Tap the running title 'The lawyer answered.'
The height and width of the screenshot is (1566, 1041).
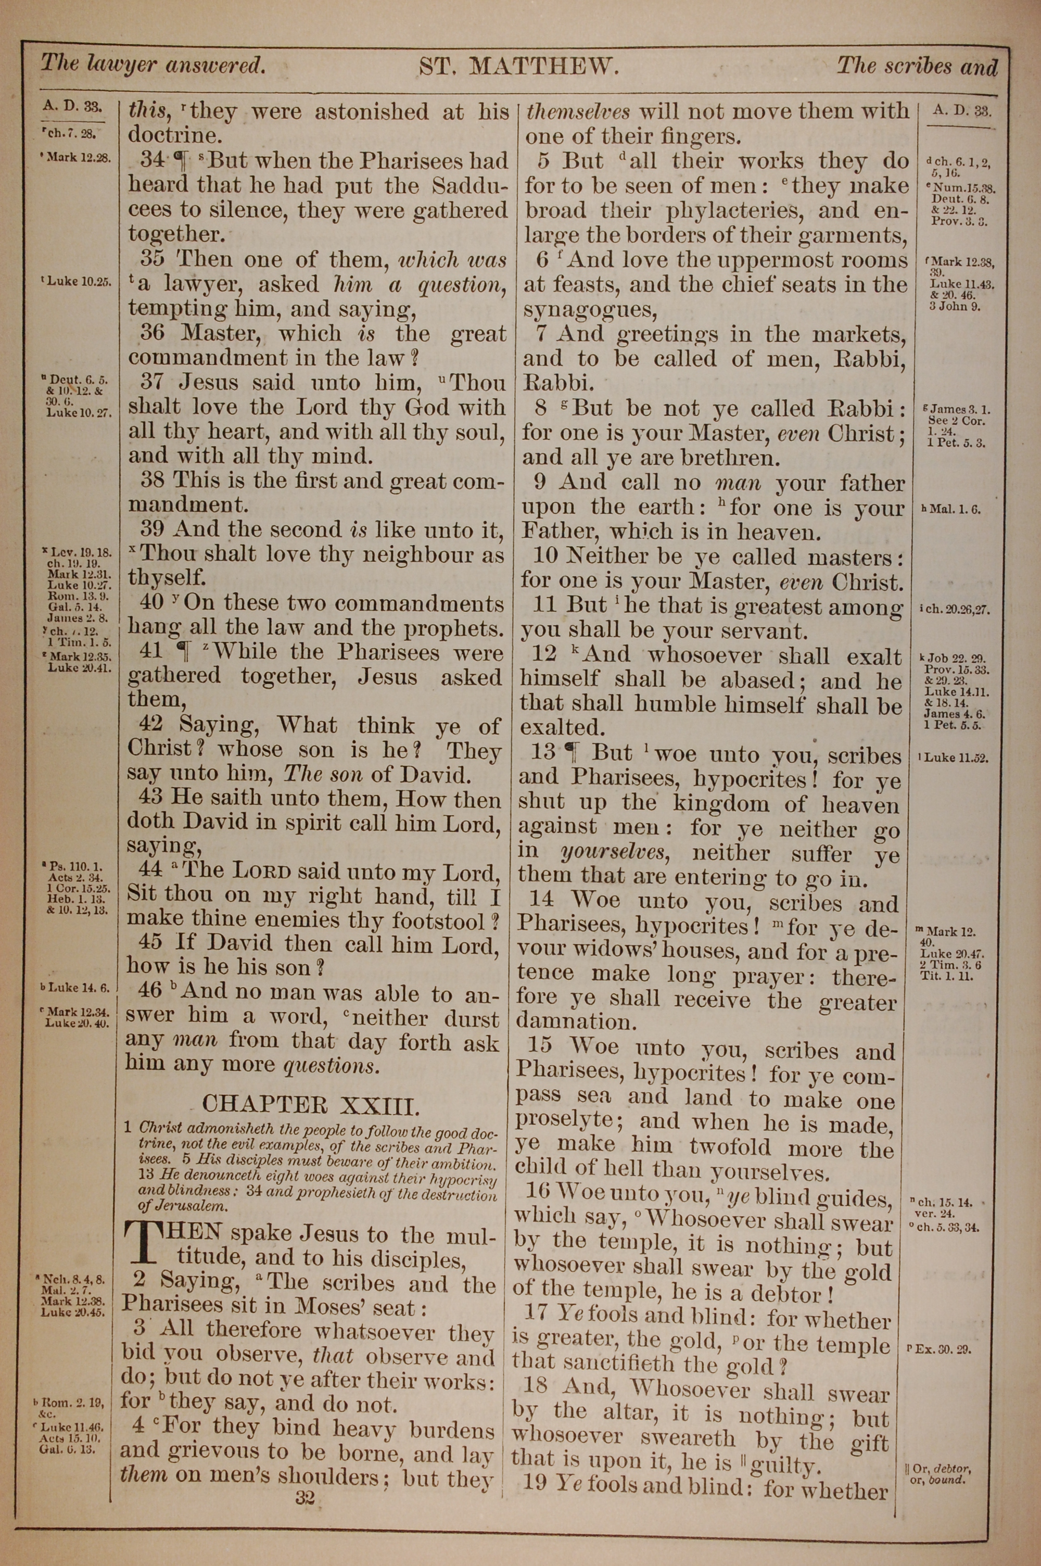154,65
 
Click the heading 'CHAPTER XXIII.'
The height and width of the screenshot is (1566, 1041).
311,1105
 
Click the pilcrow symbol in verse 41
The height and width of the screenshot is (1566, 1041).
188,652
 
